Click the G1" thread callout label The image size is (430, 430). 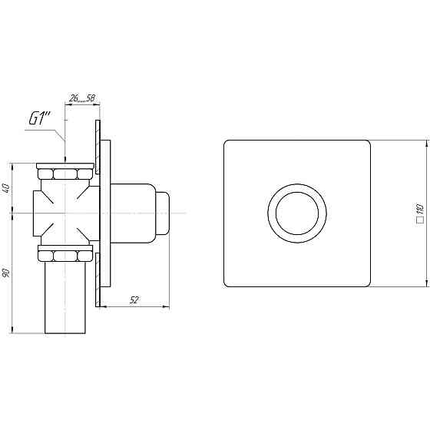pyautogui.click(x=40, y=119)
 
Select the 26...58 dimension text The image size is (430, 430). pyautogui.click(x=82, y=98)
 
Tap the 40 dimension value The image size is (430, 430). pyautogui.click(x=7, y=188)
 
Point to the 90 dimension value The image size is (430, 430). pyautogui.click(x=7, y=273)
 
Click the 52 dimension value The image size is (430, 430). pyautogui.click(x=134, y=300)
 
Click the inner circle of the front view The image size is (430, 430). pyautogui.click(x=297, y=193)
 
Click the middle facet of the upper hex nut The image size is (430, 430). pyautogui.click(x=65, y=174)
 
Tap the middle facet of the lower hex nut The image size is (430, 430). pyautogui.click(x=65, y=256)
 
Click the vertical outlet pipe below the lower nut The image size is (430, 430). pyautogui.click(x=65, y=298)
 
